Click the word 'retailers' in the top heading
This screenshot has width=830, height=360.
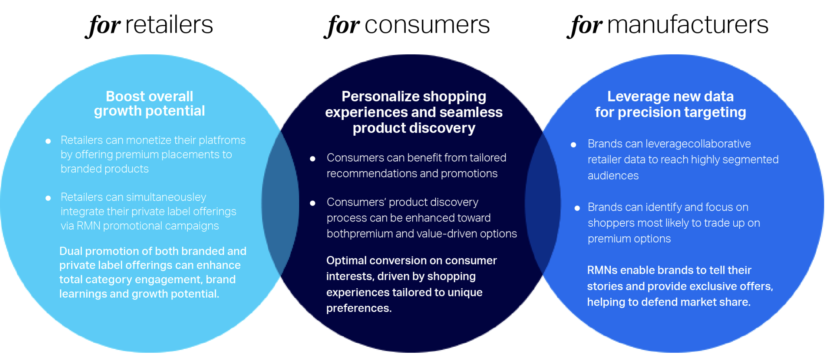pos(169,25)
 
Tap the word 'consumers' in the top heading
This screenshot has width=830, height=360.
pos(427,25)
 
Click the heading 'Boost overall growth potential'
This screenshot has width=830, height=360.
pos(149,103)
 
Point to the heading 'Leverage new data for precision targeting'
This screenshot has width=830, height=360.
pos(670,104)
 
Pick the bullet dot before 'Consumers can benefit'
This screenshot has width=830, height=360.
pos(312,159)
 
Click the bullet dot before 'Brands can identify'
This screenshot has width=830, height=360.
pos(577,208)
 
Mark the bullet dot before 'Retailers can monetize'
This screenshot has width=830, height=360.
pos(48,141)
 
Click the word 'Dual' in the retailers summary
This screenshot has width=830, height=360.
pos(71,251)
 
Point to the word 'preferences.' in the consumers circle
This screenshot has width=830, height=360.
pos(359,308)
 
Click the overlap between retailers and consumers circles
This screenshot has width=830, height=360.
pos(280,203)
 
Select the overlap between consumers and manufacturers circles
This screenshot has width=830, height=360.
pos(543,203)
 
